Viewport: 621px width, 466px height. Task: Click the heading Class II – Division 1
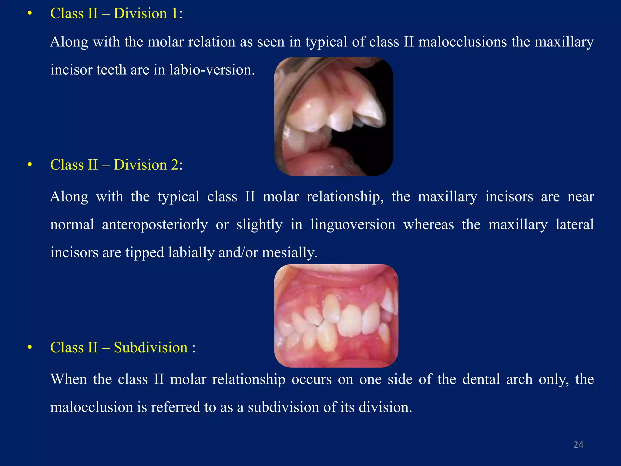116,14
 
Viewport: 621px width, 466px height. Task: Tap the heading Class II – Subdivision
123,348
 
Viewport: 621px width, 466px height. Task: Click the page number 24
578,445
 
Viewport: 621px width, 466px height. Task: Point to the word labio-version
212,70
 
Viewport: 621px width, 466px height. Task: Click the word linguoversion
353,225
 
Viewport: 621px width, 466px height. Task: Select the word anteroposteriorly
155,225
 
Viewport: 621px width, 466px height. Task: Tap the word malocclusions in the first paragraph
462,42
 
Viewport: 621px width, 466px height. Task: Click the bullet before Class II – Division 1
29,14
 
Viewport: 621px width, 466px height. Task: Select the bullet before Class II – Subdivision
29,348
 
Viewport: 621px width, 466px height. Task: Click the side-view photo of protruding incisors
334,116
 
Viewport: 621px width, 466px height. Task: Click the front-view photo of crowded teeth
336,316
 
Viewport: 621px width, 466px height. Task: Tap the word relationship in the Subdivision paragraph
249,380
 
